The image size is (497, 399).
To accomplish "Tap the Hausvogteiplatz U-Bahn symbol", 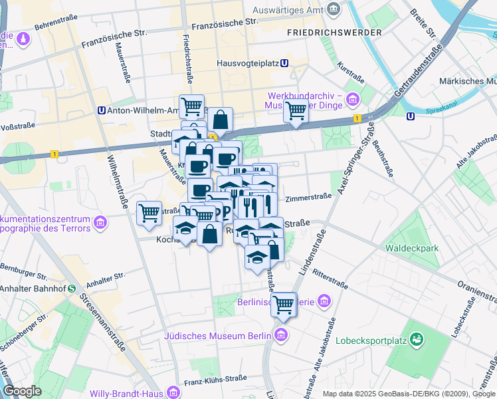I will (x=284, y=64).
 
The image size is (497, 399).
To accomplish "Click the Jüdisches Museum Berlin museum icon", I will (x=282, y=334).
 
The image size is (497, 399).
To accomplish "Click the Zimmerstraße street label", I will (x=308, y=198).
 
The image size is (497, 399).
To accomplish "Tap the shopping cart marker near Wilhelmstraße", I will (x=149, y=213).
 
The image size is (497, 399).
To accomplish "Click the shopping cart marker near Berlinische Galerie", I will (x=284, y=305).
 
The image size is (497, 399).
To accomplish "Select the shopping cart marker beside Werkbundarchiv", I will (x=296, y=110).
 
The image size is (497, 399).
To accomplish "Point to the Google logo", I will (x=23, y=391).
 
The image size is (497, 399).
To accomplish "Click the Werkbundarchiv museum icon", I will (x=351, y=100).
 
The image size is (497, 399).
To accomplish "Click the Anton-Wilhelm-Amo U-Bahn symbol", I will (x=102, y=111).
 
